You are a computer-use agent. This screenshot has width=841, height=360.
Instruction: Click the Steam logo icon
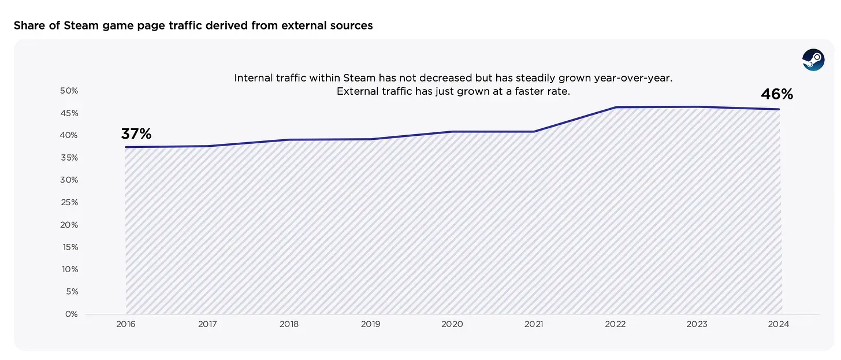pos(813,60)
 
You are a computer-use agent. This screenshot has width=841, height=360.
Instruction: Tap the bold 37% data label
pos(136,134)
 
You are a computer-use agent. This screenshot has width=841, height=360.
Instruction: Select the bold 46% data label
pos(777,94)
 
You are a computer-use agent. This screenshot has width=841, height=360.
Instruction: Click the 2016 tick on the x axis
pos(126,325)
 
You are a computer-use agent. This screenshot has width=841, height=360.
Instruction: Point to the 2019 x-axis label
pos(371,325)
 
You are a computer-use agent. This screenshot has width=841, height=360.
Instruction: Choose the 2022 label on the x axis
pos(615,325)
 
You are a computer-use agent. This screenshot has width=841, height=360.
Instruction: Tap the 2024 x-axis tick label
pos(779,325)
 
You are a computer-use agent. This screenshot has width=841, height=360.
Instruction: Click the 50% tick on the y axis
pos(69,91)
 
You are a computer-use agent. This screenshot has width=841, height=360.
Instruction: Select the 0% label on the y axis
pos(71,314)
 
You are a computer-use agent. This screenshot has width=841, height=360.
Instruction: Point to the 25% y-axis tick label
pos(69,202)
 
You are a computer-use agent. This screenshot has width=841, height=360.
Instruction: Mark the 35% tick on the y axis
pos(69,158)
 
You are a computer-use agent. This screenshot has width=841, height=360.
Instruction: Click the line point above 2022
pos(615,107)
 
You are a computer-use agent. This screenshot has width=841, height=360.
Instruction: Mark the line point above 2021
pos(534,132)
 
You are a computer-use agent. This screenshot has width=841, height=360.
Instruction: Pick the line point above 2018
pos(289,140)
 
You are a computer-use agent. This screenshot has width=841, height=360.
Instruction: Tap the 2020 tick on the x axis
pos(452,325)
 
